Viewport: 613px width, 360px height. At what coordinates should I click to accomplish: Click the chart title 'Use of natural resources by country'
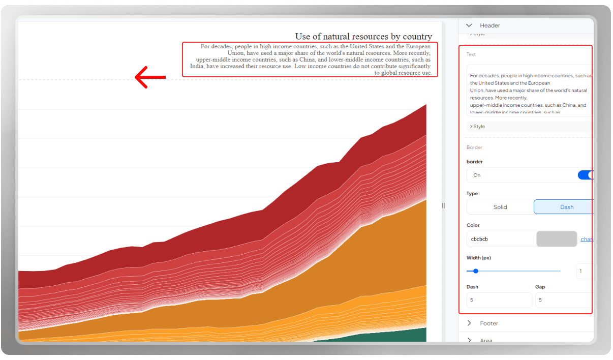pyautogui.click(x=363, y=37)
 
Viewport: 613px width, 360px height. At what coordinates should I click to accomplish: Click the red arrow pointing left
pyautogui.click(x=150, y=77)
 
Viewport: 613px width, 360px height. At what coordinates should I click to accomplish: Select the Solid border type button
pyautogui.click(x=500, y=207)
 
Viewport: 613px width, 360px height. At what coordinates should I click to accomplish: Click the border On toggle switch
pyautogui.click(x=586, y=175)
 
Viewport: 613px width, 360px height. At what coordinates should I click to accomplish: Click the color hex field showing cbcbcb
pyautogui.click(x=501, y=239)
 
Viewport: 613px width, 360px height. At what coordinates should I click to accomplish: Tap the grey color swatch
pyautogui.click(x=557, y=239)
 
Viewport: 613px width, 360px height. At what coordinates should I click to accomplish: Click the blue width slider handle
pyautogui.click(x=476, y=271)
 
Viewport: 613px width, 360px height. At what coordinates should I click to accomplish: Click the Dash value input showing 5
pyautogui.click(x=499, y=300)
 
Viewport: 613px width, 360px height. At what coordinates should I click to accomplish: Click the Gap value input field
pyautogui.click(x=563, y=300)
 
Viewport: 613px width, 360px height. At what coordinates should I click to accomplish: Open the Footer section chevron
pyautogui.click(x=469, y=323)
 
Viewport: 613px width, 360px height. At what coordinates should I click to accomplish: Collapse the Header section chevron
pyautogui.click(x=469, y=25)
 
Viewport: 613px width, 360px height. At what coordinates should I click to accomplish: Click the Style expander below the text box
pyautogui.click(x=478, y=126)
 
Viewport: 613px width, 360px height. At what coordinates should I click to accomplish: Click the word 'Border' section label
pyautogui.click(x=474, y=147)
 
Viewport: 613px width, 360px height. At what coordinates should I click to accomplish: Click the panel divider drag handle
pyautogui.click(x=443, y=205)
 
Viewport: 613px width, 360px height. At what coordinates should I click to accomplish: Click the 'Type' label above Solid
pyautogui.click(x=472, y=194)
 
